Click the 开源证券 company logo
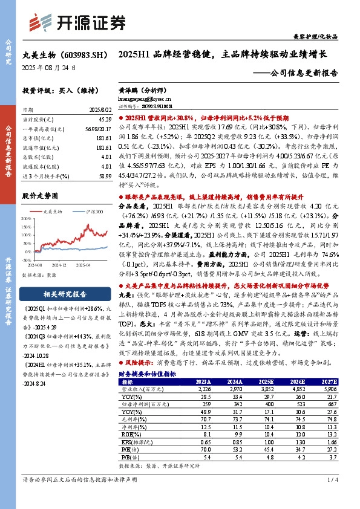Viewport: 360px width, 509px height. [79, 22]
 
